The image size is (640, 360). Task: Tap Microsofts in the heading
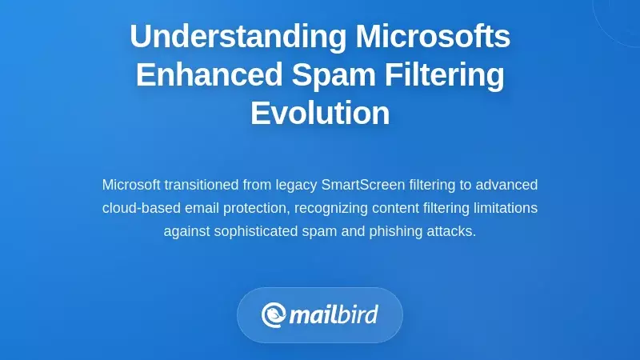pyautogui.click(x=433, y=36)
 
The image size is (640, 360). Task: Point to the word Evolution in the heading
pyautogui.click(x=320, y=113)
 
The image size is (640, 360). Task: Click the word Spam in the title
pyautogui.click(x=326, y=74)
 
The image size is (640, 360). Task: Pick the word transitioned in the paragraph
pyautogui.click(x=202, y=185)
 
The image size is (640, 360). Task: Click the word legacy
pyautogui.click(x=295, y=185)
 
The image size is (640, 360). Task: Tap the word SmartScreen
pyautogui.click(x=362, y=185)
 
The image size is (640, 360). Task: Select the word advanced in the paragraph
pyautogui.click(x=506, y=185)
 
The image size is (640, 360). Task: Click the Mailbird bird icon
pyautogui.click(x=274, y=314)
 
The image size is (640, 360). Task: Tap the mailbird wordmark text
pyautogui.click(x=334, y=314)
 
